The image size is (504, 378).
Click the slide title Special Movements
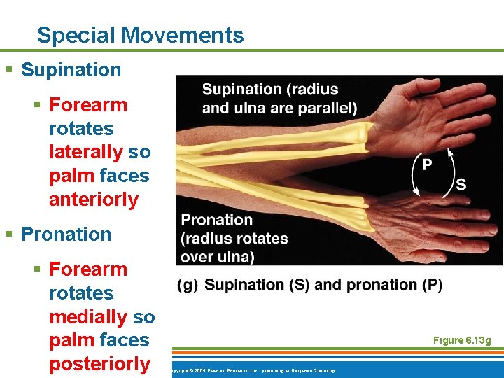140,35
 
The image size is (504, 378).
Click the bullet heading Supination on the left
71,70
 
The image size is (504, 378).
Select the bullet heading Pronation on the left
66,234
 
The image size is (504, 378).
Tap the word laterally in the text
79,152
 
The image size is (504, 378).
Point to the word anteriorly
94,199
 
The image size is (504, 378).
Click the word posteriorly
99,364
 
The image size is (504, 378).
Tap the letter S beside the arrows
461,184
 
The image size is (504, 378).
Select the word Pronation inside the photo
216,220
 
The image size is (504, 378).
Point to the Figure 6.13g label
462,340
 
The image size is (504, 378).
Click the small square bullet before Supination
9,70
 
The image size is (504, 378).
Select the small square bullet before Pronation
9,234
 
